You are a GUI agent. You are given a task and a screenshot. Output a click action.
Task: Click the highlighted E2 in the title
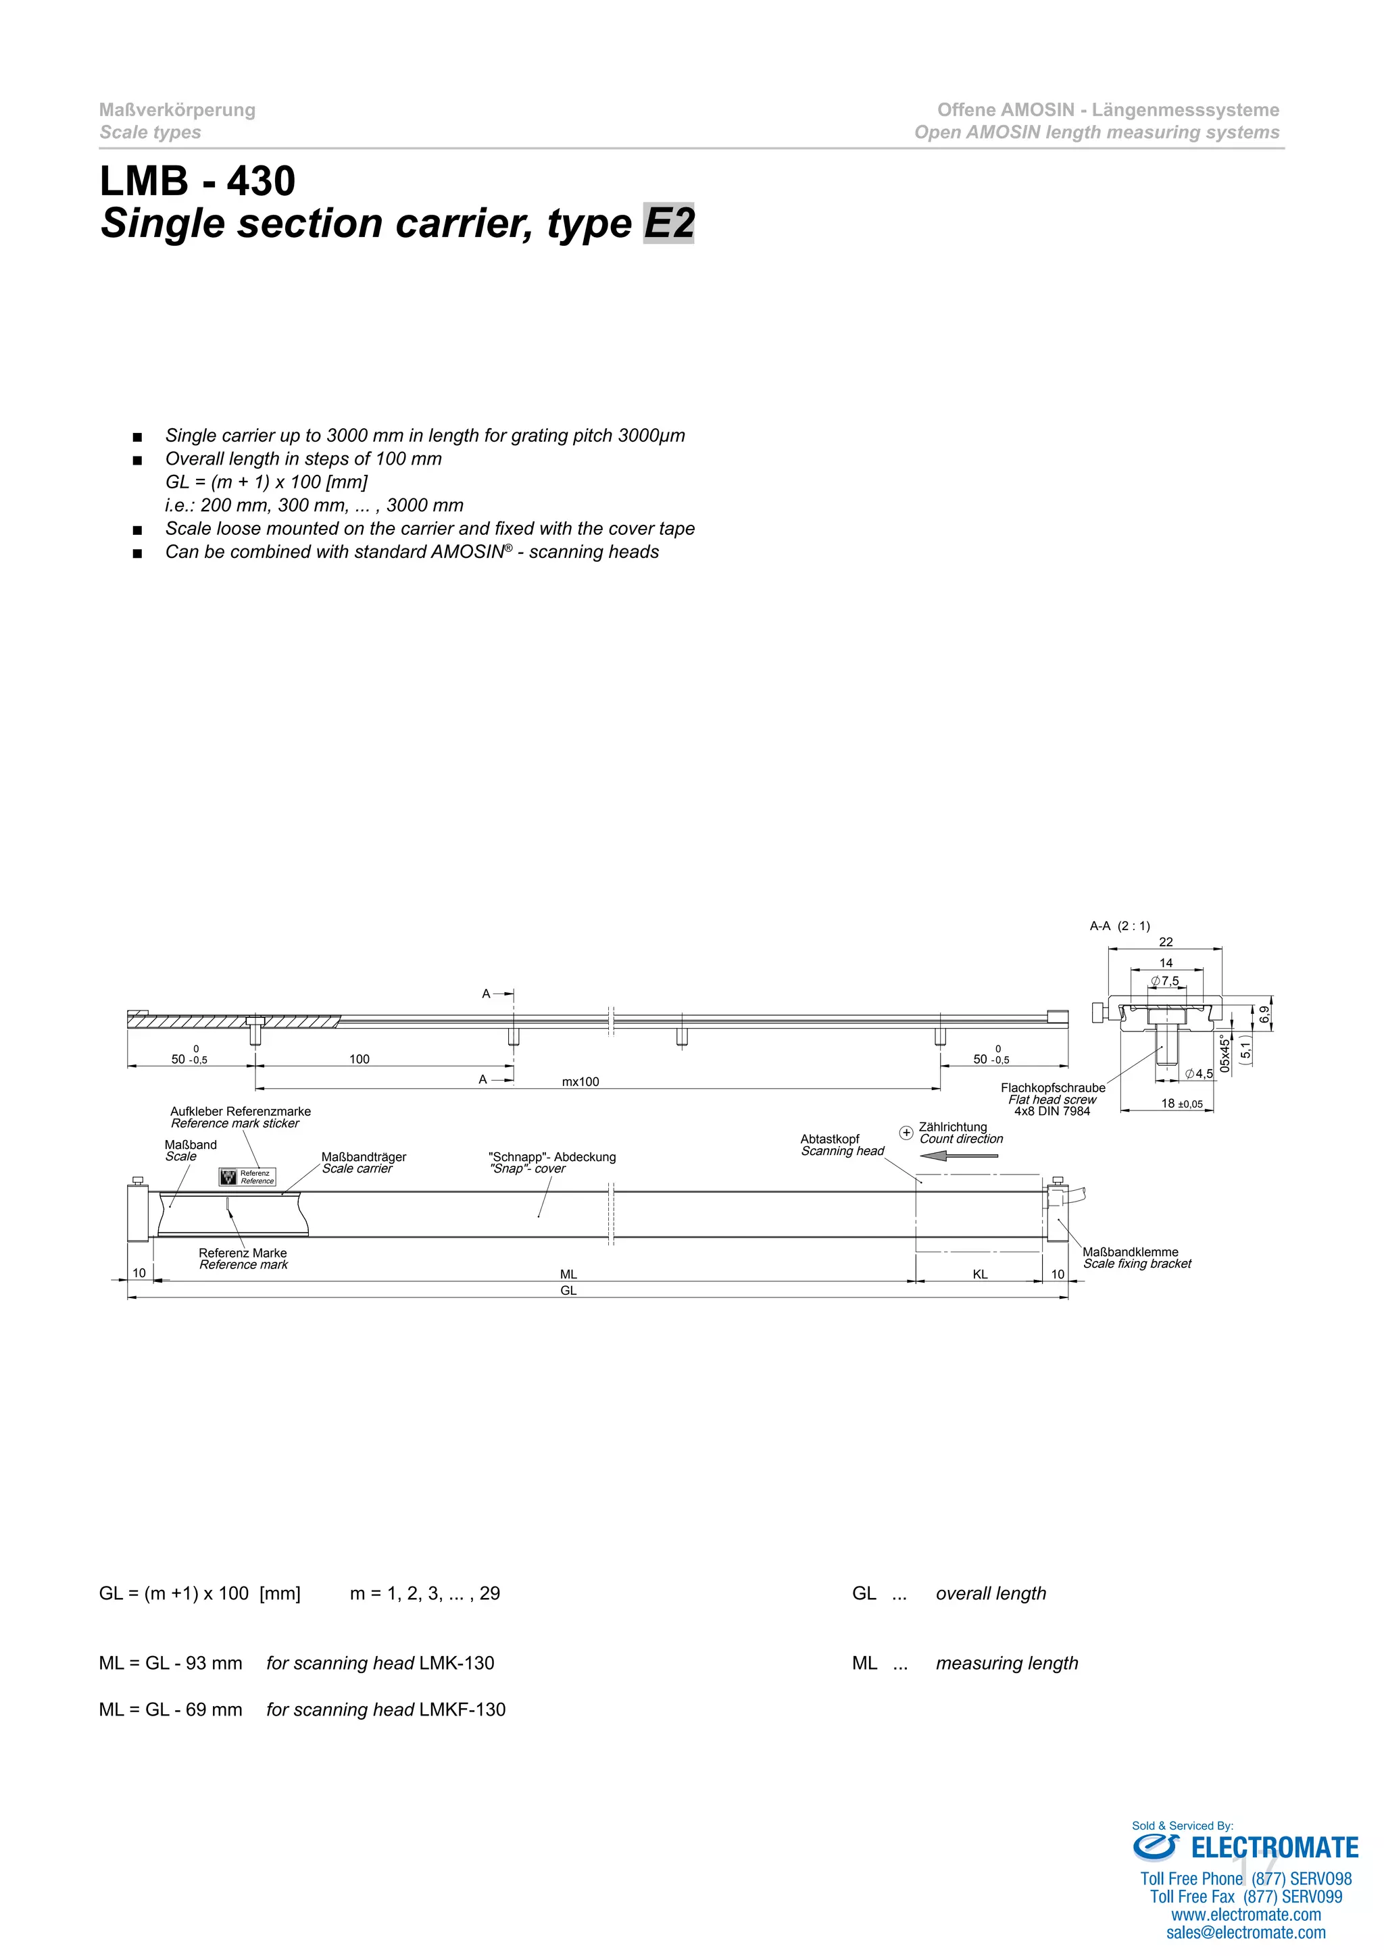[669, 223]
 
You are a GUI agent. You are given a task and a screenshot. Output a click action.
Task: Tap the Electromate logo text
[1274, 1848]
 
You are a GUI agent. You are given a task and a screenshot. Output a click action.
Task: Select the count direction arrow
[959, 1156]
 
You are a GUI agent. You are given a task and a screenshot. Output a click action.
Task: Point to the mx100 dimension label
[580, 1082]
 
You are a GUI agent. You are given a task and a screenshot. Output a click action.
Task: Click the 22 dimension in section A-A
[1166, 942]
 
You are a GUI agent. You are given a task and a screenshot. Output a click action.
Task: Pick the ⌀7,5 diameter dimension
[1165, 981]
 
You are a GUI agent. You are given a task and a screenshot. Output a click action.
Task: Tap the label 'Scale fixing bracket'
[1137, 1264]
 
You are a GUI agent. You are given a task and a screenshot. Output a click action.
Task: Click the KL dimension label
[980, 1275]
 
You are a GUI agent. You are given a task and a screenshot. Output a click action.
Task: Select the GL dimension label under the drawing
[568, 1291]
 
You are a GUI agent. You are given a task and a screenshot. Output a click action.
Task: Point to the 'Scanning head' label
[842, 1151]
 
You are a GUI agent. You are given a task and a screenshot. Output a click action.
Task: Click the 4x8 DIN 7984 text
[1052, 1111]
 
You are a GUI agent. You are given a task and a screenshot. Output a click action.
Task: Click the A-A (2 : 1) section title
[1120, 926]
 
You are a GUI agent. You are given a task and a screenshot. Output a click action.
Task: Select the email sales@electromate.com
[1246, 1933]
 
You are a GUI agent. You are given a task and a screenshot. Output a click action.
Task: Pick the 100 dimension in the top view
[360, 1059]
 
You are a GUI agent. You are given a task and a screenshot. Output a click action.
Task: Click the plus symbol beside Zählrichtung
[906, 1132]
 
